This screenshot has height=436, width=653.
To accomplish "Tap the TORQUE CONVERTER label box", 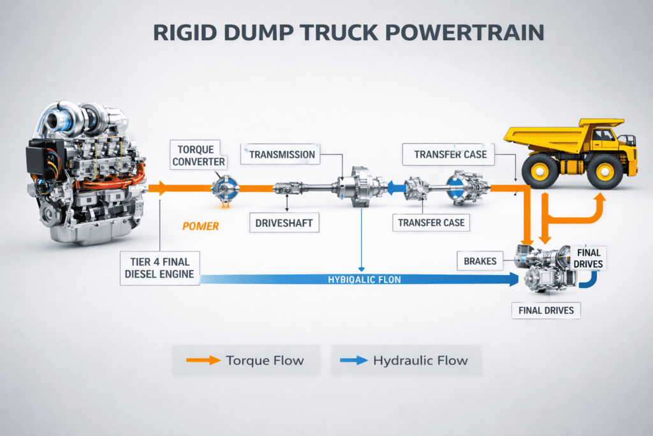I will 198,155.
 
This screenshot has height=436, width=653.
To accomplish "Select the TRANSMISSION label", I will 281,154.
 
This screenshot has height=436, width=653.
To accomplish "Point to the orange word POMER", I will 200,226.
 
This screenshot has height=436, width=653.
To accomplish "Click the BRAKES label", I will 481,260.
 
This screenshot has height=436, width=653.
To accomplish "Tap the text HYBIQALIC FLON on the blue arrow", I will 364,279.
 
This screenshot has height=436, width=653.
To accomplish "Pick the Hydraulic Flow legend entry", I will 406,361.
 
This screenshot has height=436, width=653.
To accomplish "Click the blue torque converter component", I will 224,188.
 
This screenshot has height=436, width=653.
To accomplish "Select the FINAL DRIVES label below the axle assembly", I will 543,311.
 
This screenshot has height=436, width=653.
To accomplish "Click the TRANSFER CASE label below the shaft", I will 431,223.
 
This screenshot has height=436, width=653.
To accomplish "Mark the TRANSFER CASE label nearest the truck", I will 450,154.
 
